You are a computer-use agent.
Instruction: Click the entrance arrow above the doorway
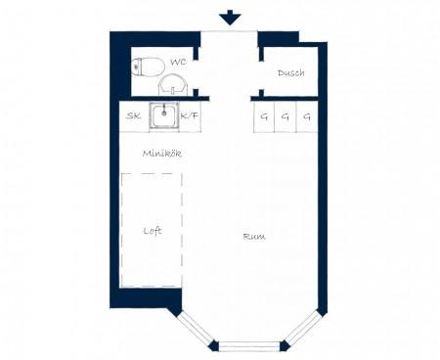tap(230, 18)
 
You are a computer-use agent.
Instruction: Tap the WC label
tap(178, 62)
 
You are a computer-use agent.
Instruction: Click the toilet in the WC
tap(148, 67)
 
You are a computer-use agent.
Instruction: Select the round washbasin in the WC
tap(173, 85)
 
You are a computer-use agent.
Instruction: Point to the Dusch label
tap(291, 72)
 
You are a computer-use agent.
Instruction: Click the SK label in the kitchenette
tap(134, 115)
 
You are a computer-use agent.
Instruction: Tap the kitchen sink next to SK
tap(164, 115)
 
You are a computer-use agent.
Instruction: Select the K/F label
tap(190, 115)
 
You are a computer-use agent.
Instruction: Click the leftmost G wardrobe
tap(264, 116)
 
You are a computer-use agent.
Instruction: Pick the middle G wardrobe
tap(286, 116)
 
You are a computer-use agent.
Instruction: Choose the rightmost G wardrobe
tap(307, 116)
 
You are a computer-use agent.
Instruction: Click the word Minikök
tap(162, 154)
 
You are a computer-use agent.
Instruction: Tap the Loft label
tap(153, 231)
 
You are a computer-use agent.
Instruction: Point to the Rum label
tap(254, 237)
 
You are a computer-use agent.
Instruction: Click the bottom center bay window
tap(249, 345)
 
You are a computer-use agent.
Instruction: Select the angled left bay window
tap(197, 329)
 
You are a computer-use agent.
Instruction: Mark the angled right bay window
tap(302, 329)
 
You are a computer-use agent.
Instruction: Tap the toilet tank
tap(137, 67)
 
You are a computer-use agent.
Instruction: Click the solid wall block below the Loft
tap(147, 297)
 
